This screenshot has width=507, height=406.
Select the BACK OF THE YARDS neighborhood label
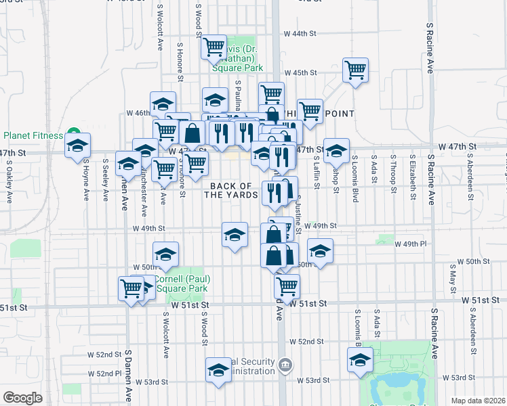coord(234,190)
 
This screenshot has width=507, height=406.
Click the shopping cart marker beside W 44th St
coord(214,47)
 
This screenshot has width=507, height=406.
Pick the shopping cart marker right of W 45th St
coord(355,70)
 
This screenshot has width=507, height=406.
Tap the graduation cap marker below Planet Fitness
coord(77,145)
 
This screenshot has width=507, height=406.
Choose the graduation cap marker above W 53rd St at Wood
coord(218,370)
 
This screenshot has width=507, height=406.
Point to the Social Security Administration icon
coord(286,366)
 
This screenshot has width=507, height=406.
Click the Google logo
coord(22,398)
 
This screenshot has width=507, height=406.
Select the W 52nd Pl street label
coord(108,374)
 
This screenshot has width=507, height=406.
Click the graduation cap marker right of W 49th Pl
coord(320,251)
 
